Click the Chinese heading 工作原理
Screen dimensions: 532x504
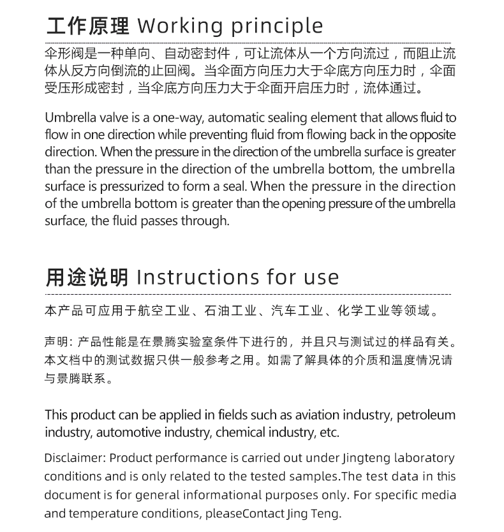tap(87, 26)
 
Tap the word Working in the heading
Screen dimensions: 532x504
tap(181, 26)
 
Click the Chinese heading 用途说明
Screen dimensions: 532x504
tap(87, 277)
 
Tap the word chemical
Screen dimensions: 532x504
tap(241, 432)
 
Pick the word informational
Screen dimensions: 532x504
tap(223, 495)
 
